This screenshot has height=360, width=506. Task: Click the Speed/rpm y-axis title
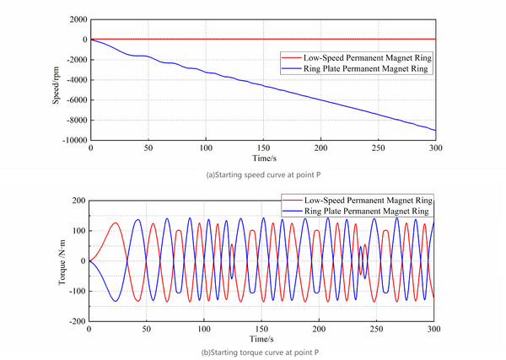click(x=56, y=82)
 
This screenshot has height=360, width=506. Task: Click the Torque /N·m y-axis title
click(x=62, y=261)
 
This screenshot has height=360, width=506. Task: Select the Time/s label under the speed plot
click(x=261, y=159)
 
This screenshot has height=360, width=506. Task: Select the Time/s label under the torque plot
click(x=261, y=338)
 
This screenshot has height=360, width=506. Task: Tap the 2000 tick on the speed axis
click(x=73, y=19)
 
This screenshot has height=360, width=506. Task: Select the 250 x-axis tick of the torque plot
click(x=376, y=329)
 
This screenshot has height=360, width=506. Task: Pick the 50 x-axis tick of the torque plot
click(x=146, y=329)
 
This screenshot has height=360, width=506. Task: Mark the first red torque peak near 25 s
click(x=116, y=223)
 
